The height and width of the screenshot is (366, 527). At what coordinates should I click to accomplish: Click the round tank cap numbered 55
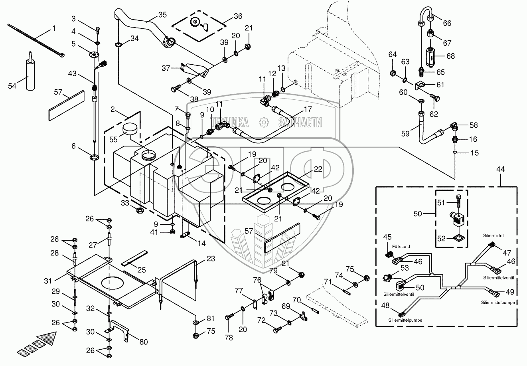click(130, 129)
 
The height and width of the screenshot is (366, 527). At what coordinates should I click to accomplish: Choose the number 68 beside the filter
click(450, 56)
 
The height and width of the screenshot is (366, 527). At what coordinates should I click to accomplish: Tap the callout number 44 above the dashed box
click(500, 169)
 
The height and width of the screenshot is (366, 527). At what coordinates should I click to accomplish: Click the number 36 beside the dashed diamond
click(238, 16)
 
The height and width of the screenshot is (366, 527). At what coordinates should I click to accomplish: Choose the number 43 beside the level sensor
click(72, 74)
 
